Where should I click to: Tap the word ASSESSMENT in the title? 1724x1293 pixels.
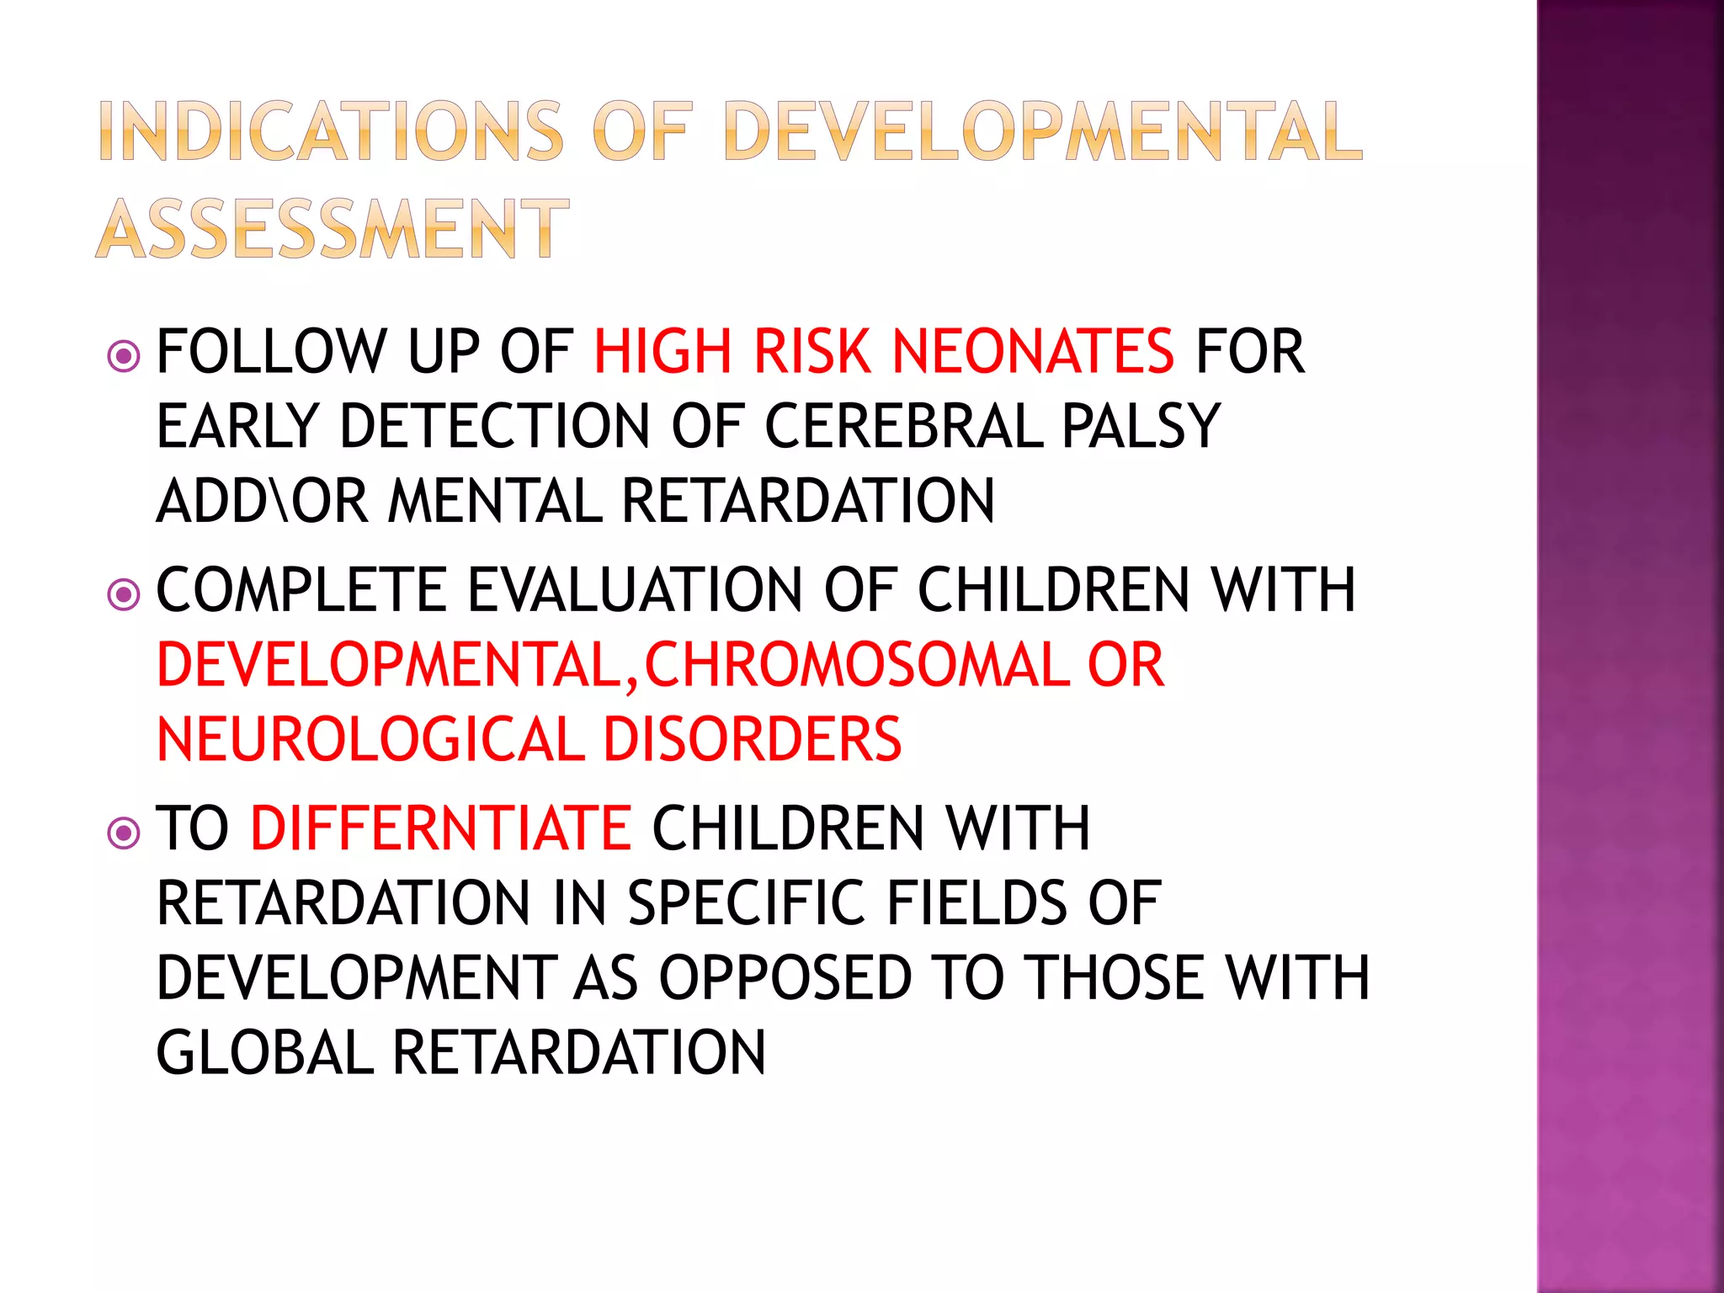333,229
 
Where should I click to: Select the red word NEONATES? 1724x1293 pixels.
1032,351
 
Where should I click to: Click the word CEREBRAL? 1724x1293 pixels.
904,426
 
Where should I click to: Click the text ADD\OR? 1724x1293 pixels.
262,501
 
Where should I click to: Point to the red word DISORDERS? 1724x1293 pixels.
752,739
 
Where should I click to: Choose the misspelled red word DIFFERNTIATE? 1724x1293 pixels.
440,827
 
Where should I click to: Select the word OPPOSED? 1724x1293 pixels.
785,977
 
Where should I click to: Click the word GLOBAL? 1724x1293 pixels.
264,1052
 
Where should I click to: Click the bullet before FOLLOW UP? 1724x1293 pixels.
124,357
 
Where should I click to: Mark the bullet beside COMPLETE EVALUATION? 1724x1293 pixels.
124,595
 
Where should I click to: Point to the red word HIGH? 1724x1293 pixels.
662,351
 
